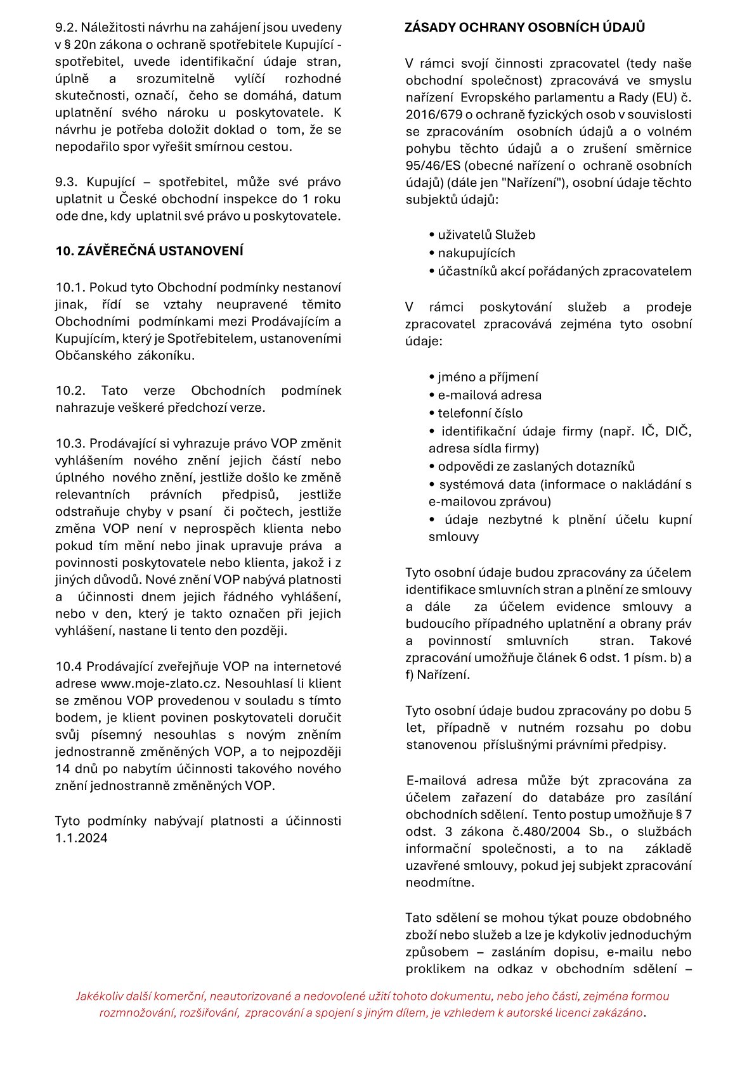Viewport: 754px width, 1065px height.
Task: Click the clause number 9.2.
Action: coord(65,28)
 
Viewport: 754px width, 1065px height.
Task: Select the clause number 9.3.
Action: coord(65,182)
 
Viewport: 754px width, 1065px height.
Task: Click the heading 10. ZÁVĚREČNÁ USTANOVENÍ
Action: coord(149,251)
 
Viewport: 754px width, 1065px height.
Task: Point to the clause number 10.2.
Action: coord(70,391)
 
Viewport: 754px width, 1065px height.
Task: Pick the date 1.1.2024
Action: coord(81,838)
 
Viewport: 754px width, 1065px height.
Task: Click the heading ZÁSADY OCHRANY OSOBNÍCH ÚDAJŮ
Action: coord(524,27)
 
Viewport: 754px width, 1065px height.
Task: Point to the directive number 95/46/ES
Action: coord(433,166)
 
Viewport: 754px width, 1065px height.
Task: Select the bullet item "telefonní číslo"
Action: coord(480,413)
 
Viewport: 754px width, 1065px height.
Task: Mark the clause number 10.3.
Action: coord(70,443)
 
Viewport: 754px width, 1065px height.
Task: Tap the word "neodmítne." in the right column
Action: coord(439,883)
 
